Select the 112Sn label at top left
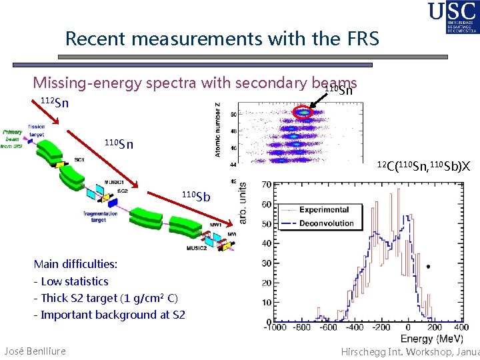coord(54,103)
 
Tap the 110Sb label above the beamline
coord(196,196)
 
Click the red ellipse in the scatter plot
coord(303,113)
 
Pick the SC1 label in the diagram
coord(79,161)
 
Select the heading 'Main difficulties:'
coord(75,265)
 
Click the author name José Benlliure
coord(35,351)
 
